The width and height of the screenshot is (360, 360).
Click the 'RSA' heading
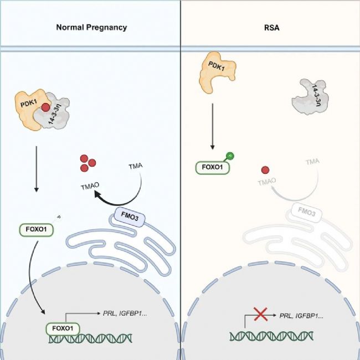[270, 27]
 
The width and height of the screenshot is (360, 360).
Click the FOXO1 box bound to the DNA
[62, 328]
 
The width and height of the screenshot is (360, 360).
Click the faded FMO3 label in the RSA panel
[302, 212]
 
